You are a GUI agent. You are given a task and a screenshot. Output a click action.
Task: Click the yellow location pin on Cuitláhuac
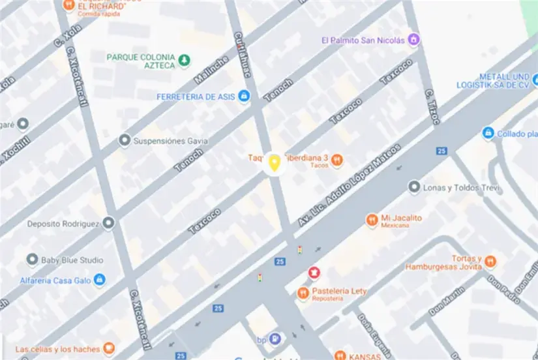pyautogui.click(x=275, y=163)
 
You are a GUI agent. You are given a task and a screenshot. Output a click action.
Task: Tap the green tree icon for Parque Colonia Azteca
pyautogui.click(x=185, y=61)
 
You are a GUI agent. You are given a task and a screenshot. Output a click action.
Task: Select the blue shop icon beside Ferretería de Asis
pyautogui.click(x=243, y=97)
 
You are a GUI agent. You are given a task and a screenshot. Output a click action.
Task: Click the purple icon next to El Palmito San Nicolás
pyautogui.click(x=413, y=40)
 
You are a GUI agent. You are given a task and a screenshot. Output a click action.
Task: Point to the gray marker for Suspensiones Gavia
pyautogui.click(x=125, y=140)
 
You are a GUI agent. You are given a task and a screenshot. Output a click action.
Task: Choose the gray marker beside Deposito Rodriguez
pyautogui.click(x=108, y=224)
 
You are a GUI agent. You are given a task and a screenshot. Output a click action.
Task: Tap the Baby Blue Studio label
pyautogui.click(x=72, y=260)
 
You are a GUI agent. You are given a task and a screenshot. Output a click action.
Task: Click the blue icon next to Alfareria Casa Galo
pyautogui.click(x=99, y=279)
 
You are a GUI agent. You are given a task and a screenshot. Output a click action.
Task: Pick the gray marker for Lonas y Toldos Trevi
pyautogui.click(x=413, y=188)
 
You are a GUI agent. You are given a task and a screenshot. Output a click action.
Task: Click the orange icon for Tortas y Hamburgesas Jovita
pyautogui.click(x=490, y=262)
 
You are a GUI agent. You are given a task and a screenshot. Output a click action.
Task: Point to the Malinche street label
pyautogui.click(x=211, y=70)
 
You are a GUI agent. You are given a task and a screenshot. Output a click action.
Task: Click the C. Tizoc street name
pyautogui.click(x=432, y=106)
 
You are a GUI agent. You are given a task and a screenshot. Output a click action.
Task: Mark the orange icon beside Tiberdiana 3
pyautogui.click(x=337, y=159)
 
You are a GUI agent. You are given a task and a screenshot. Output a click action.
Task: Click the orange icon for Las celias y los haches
pyautogui.click(x=109, y=349)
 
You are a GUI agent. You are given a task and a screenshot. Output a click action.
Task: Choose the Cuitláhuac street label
pyautogui.click(x=242, y=55)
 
